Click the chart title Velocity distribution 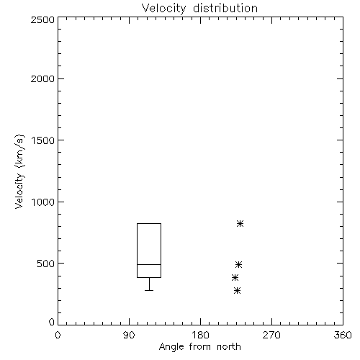click(199, 9)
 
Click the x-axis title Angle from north click(199, 347)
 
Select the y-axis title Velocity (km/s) click(19, 171)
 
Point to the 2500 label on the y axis click(42, 19)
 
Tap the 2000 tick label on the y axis click(42, 78)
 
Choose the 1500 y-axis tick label click(43, 140)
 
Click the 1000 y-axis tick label click(43, 202)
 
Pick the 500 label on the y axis click(46, 264)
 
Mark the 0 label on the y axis click(52, 322)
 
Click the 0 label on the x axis click(58, 335)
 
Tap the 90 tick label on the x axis click(129, 335)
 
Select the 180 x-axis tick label click(200, 335)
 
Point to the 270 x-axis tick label click(271, 335)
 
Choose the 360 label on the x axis click(343, 335)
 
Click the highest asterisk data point click(240, 224)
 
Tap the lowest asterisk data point click(237, 291)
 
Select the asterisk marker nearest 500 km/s click(238, 265)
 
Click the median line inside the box click(149, 264)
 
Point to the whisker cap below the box click(149, 290)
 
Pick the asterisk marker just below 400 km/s click(235, 278)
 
